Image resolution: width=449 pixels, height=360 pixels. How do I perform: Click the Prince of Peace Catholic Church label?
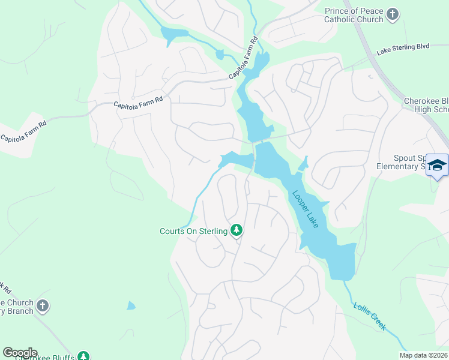pos(354,16)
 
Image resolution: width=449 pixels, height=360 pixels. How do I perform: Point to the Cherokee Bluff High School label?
pos(426,105)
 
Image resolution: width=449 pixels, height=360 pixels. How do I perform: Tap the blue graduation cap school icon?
pos(437,165)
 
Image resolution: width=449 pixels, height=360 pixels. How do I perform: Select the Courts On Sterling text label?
pos(193,231)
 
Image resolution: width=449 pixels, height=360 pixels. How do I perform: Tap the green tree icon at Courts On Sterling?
pos(237,230)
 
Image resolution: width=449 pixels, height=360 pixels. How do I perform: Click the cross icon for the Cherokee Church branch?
pos(42,306)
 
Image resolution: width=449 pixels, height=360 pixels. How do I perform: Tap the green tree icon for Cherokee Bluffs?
pos(85,357)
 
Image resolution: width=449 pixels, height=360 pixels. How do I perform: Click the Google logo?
pos(20,353)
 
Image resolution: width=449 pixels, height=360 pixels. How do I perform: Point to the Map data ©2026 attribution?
pos(423,355)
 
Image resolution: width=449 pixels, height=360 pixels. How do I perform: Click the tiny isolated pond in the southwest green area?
pos(131,305)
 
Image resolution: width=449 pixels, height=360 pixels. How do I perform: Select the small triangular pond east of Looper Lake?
pos(303,163)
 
